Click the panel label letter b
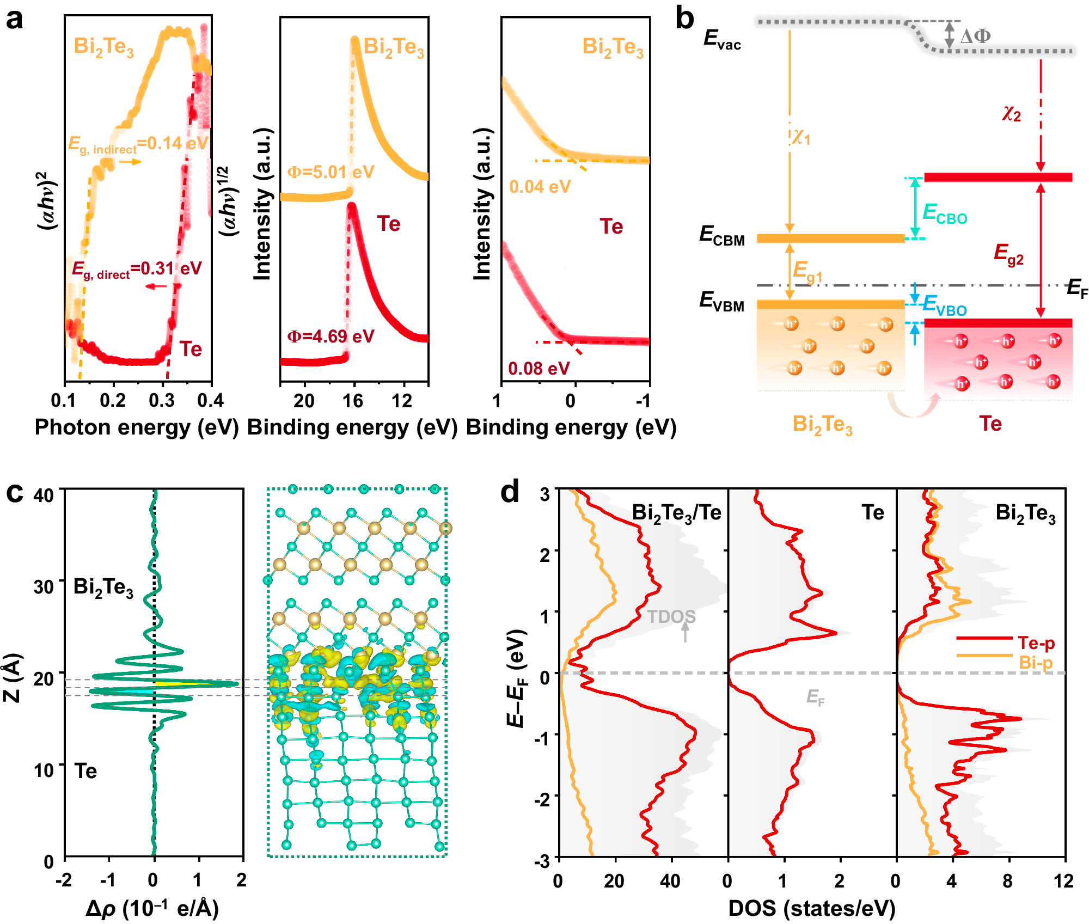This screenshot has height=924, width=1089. coord(684,19)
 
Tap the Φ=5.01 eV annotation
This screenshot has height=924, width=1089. coord(331,172)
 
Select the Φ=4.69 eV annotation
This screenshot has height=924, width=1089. coord(331,336)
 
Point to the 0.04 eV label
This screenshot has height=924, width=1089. coord(540,187)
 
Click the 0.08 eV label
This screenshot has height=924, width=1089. coord(539,369)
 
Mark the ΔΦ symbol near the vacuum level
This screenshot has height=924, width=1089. coord(975,36)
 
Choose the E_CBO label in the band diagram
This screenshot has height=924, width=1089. coord(945,213)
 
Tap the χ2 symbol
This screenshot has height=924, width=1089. coord(1011,114)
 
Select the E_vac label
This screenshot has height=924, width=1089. coord(722,39)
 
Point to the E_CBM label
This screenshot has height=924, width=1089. coord(722,236)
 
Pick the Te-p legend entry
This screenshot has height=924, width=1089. coord(1036,643)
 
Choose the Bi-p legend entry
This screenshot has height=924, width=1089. coord(1036,663)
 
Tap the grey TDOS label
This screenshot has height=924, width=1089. coord(671,616)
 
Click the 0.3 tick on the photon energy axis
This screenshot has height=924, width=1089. coord(162,401)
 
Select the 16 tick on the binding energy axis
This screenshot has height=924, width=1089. coord(353,401)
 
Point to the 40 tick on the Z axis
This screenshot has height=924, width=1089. coord(44,495)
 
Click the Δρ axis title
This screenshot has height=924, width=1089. coord(152,908)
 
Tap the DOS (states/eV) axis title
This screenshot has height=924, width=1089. coord(811,908)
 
